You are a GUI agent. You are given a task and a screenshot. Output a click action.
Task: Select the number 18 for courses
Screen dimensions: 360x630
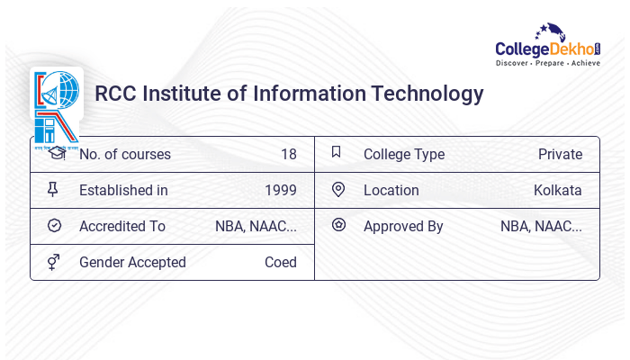pos(288,154)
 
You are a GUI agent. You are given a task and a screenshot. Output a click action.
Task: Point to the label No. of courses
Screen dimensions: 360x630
pos(124,154)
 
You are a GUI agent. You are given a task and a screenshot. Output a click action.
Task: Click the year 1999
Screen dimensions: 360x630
pos(281,190)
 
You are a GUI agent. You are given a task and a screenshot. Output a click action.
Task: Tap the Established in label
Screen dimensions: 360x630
pos(123,190)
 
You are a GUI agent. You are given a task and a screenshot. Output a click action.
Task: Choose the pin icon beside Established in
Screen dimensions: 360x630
pos(54,189)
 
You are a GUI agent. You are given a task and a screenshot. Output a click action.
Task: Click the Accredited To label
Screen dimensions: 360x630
pos(122,226)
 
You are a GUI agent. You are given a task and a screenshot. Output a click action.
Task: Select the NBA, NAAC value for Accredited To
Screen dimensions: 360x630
pos(256,226)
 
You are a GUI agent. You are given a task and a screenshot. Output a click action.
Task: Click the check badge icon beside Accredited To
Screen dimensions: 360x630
pos(54,226)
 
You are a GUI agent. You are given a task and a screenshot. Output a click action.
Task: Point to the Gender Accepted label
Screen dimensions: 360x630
pos(132,262)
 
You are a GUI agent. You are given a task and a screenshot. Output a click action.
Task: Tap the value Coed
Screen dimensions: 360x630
pos(281,262)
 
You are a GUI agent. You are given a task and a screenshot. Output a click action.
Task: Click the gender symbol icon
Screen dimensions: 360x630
pos(54,262)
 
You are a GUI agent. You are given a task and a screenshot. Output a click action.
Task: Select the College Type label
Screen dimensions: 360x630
pos(404,154)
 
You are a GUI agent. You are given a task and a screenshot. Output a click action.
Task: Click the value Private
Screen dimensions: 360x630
pos(560,154)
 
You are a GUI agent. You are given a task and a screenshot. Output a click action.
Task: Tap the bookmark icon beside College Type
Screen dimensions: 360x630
pos(337,153)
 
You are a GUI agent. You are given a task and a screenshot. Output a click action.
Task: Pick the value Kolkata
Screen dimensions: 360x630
pos(558,190)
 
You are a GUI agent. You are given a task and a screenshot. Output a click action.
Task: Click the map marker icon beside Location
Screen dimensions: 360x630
pos(338,189)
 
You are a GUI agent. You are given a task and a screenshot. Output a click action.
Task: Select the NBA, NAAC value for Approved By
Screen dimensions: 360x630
pos(541,226)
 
